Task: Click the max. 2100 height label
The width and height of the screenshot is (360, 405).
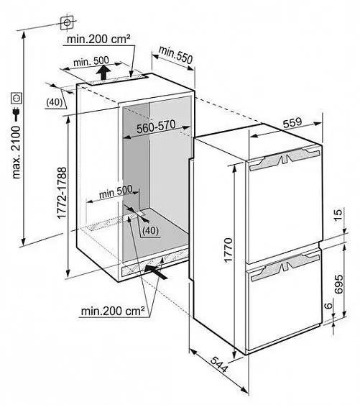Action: coord(17,153)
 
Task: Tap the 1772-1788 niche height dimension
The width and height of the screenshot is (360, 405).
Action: coord(62,194)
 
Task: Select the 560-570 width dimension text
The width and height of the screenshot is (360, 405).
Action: coord(156,127)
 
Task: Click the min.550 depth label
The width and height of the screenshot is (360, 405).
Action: coord(175,55)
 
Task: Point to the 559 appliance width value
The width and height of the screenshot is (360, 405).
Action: coord(292,123)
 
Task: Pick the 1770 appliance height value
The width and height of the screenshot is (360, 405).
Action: coord(229,250)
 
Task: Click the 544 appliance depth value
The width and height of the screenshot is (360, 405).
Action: coord(219,365)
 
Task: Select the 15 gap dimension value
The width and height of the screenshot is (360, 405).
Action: coord(338,214)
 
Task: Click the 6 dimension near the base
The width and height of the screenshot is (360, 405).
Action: coord(328,306)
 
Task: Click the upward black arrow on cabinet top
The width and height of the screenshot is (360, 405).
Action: coord(103,73)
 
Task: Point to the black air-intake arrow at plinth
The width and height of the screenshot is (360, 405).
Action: coord(155,272)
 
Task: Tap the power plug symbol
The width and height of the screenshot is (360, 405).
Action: coord(17,114)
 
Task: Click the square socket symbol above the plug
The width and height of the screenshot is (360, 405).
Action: coord(17,98)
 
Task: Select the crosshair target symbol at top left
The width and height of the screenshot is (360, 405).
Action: coord(67,23)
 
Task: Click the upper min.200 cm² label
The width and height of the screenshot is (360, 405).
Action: coord(98,40)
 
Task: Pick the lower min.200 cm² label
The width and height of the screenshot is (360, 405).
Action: coord(113,311)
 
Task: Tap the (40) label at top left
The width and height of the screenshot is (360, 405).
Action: coord(55,103)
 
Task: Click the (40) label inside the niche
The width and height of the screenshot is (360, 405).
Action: coord(150,230)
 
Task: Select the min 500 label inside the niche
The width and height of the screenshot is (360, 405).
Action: coord(116,191)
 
